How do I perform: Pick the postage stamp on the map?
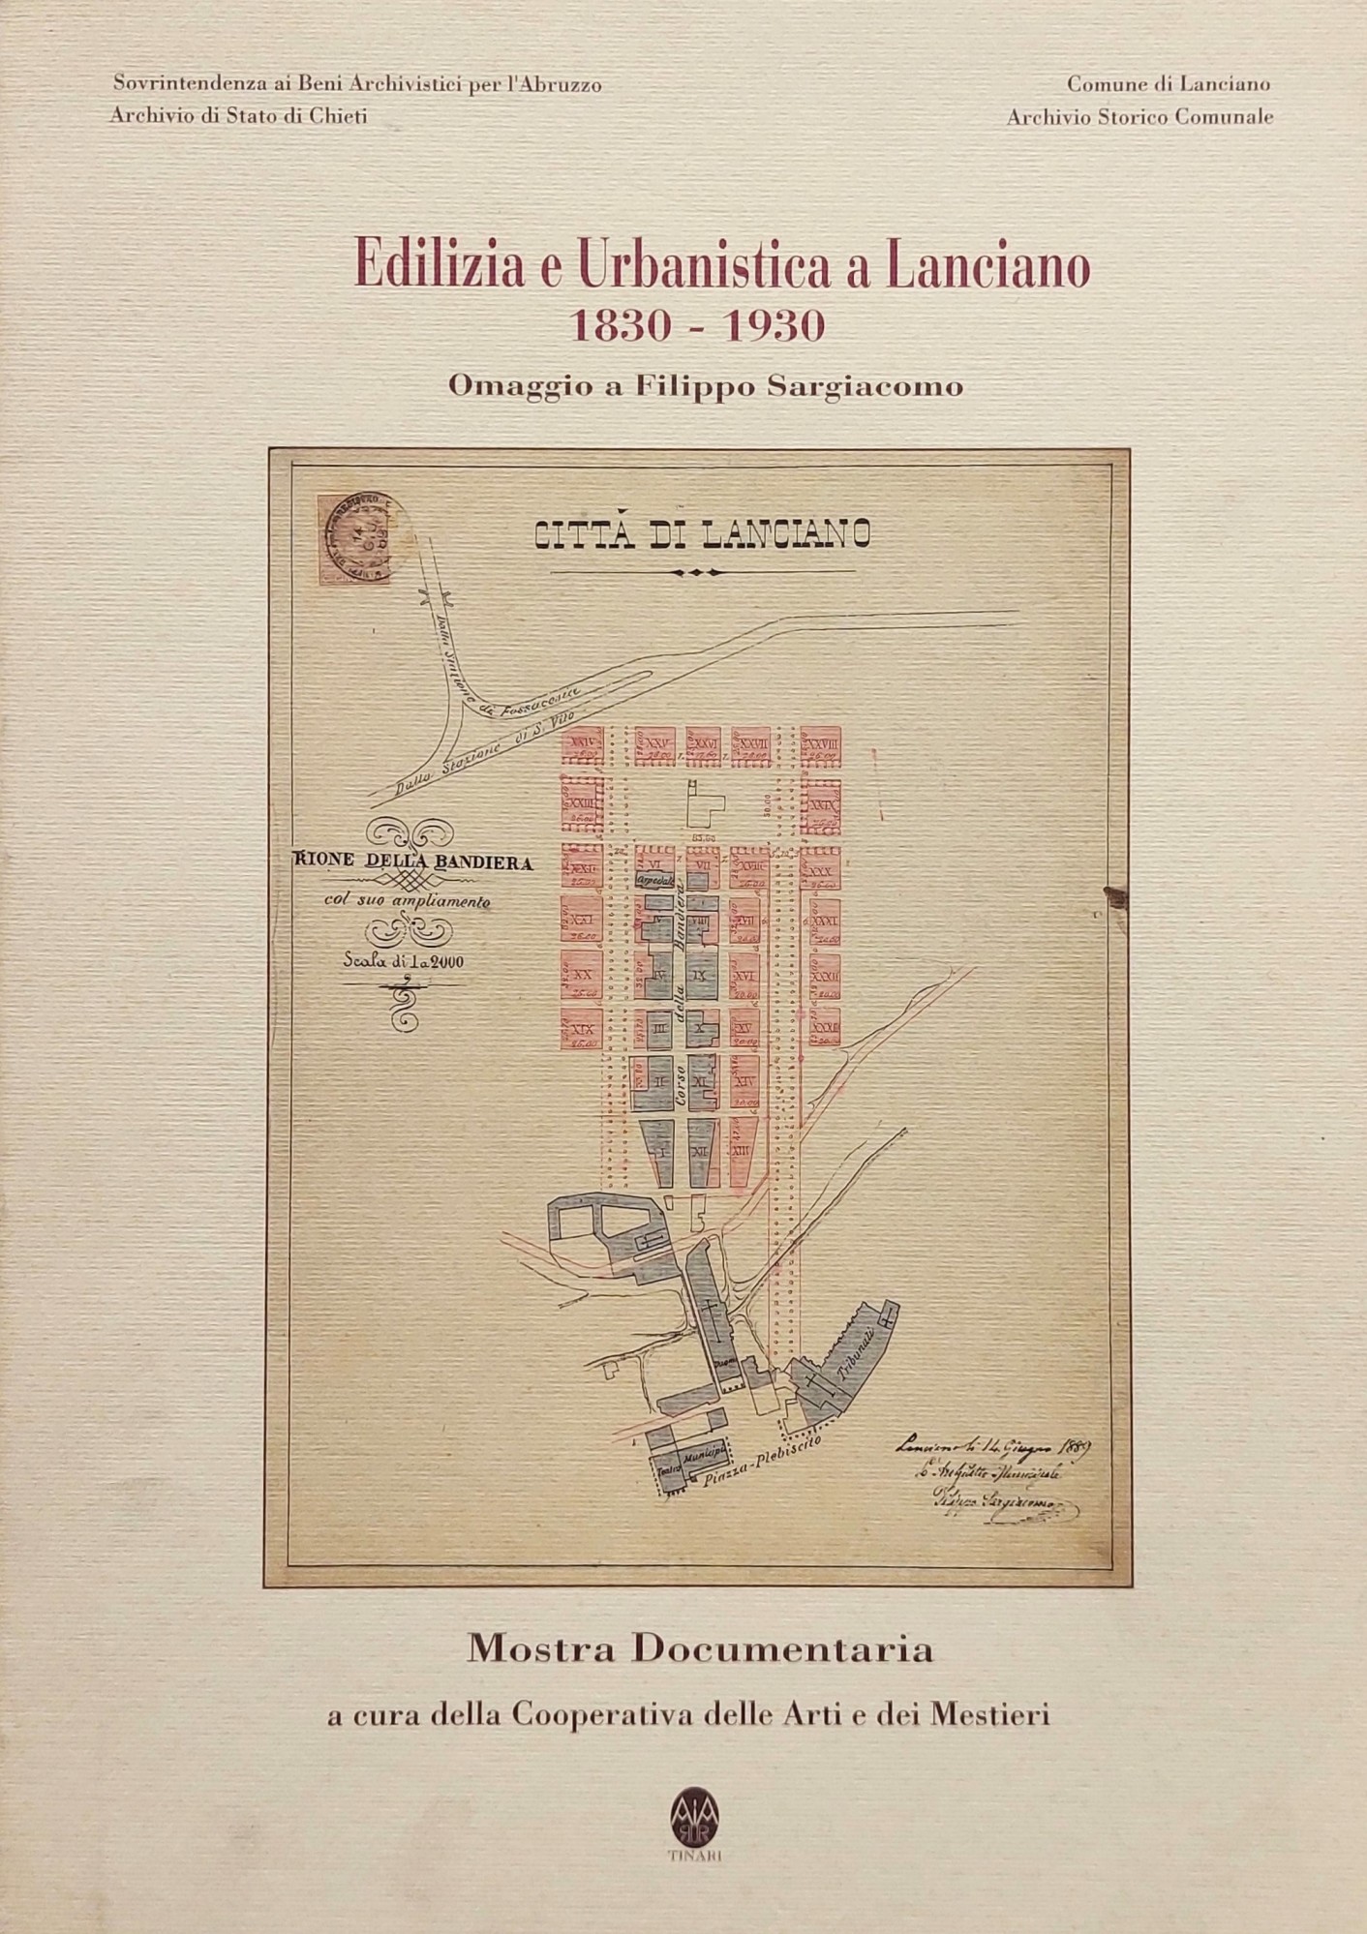click(x=349, y=542)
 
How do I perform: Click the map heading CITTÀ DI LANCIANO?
click(x=702, y=534)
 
